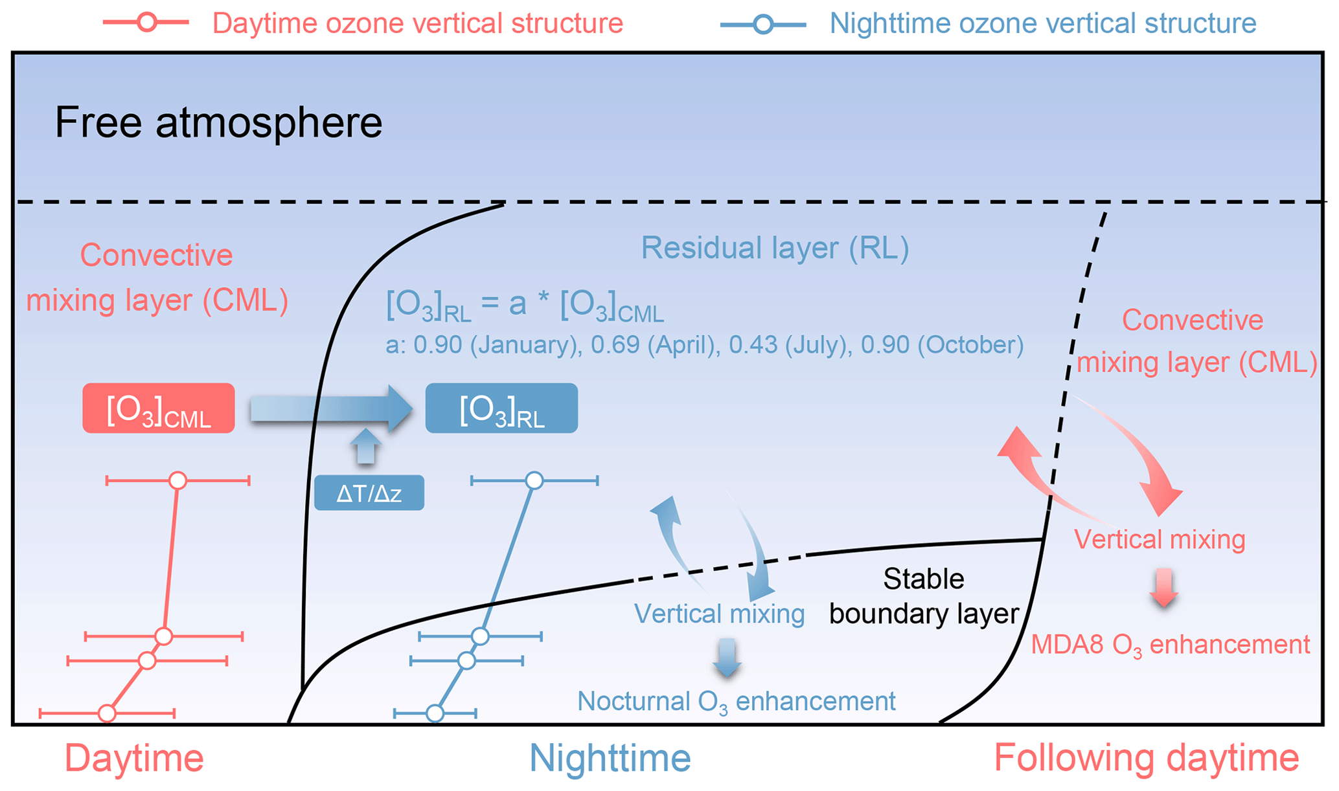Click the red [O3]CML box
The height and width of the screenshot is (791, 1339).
(x=159, y=408)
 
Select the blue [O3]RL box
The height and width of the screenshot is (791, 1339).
(x=501, y=408)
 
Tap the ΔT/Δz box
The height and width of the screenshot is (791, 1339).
(x=369, y=493)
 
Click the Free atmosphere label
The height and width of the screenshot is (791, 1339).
(x=218, y=122)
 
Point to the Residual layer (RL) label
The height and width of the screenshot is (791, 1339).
(x=775, y=248)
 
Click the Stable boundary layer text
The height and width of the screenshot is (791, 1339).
(x=924, y=597)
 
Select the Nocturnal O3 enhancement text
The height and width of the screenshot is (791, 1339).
(x=737, y=701)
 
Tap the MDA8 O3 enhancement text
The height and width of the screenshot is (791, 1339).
(x=1171, y=645)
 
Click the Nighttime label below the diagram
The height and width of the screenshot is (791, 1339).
(x=610, y=758)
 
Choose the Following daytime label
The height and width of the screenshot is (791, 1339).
(x=1146, y=758)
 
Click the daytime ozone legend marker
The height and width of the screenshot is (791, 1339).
(x=147, y=23)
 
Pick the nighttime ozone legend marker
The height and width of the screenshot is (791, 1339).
(x=764, y=25)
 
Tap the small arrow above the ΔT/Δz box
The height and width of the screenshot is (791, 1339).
(x=366, y=447)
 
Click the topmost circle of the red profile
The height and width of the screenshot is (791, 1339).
(x=177, y=480)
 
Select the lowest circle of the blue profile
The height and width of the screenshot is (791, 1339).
(x=435, y=713)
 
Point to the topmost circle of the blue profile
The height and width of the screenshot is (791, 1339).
(x=534, y=480)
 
